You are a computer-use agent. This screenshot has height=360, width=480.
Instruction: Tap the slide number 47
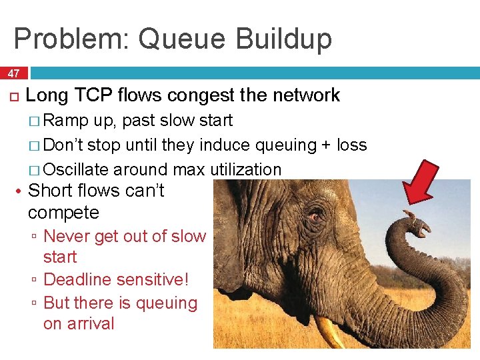pyautogui.click(x=13, y=73)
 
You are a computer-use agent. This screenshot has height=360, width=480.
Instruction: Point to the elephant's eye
pyautogui.click(x=314, y=216)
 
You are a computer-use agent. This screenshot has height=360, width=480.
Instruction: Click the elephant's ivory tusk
pyautogui.click(x=329, y=332)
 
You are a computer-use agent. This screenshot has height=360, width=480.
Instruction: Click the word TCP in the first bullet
pyautogui.click(x=94, y=95)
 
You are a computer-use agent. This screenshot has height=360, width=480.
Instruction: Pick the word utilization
pyautogui.click(x=246, y=170)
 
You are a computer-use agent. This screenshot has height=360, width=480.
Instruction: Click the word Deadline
pyautogui.click(x=79, y=280)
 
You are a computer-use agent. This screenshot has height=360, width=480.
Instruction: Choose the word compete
pyautogui.click(x=63, y=213)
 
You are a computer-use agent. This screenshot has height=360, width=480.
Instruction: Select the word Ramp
pyautogui.click(x=70, y=121)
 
